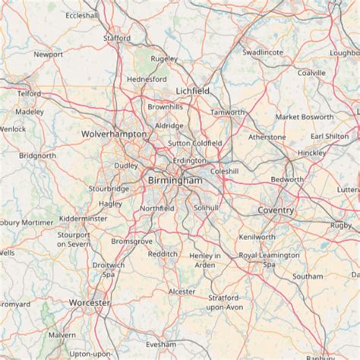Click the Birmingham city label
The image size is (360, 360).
(x=175, y=180)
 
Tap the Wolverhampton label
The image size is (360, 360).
(x=114, y=134)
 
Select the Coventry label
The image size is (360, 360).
(x=276, y=210)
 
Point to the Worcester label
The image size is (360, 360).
(x=89, y=302)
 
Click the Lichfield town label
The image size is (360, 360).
(x=192, y=90)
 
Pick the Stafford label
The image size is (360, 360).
(x=117, y=38)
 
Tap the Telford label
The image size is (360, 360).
(x=29, y=93)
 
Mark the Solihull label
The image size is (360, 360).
(x=206, y=207)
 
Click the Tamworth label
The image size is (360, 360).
(x=228, y=112)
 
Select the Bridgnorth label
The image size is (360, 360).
(x=38, y=156)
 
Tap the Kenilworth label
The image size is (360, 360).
(x=257, y=237)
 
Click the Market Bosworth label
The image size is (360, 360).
(x=304, y=117)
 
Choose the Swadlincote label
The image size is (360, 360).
(x=263, y=52)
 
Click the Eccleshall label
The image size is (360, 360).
(x=82, y=15)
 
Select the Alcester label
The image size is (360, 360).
(x=182, y=291)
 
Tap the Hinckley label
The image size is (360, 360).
(x=311, y=153)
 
